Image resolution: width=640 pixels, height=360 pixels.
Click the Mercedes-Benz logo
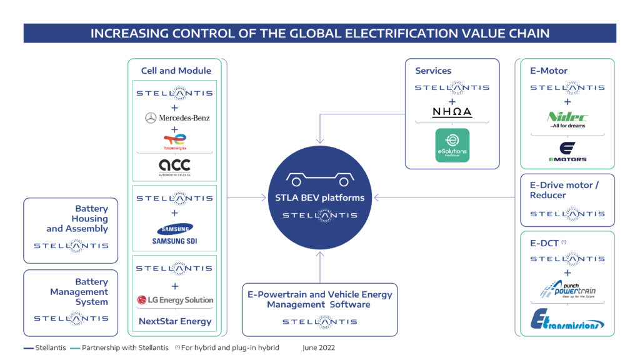(177, 117)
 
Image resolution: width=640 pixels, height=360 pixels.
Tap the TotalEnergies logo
(174, 142)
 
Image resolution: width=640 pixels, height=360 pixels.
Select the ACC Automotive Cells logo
(174, 167)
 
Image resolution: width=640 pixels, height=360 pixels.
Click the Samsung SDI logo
(174, 234)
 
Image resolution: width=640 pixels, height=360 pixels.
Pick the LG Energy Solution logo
(175, 300)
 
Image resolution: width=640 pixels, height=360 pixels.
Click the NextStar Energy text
(176, 321)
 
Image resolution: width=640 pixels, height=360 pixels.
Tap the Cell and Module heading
(176, 71)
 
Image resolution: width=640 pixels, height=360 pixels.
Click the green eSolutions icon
(452, 145)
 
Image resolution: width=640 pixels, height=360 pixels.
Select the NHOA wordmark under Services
(452, 112)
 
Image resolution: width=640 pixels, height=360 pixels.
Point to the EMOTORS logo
(567, 151)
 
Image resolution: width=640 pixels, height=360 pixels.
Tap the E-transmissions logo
(567, 319)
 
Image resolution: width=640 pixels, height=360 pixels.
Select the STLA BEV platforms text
(319, 197)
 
